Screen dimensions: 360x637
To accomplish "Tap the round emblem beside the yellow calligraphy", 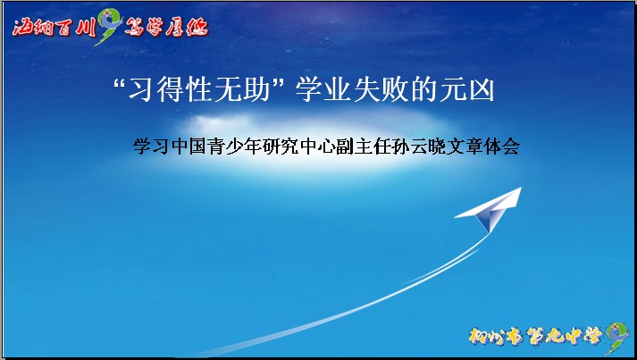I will tap(615, 337).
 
